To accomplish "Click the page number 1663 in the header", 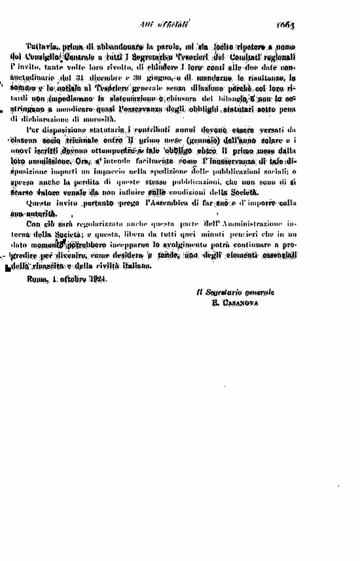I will click(x=286, y=26).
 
